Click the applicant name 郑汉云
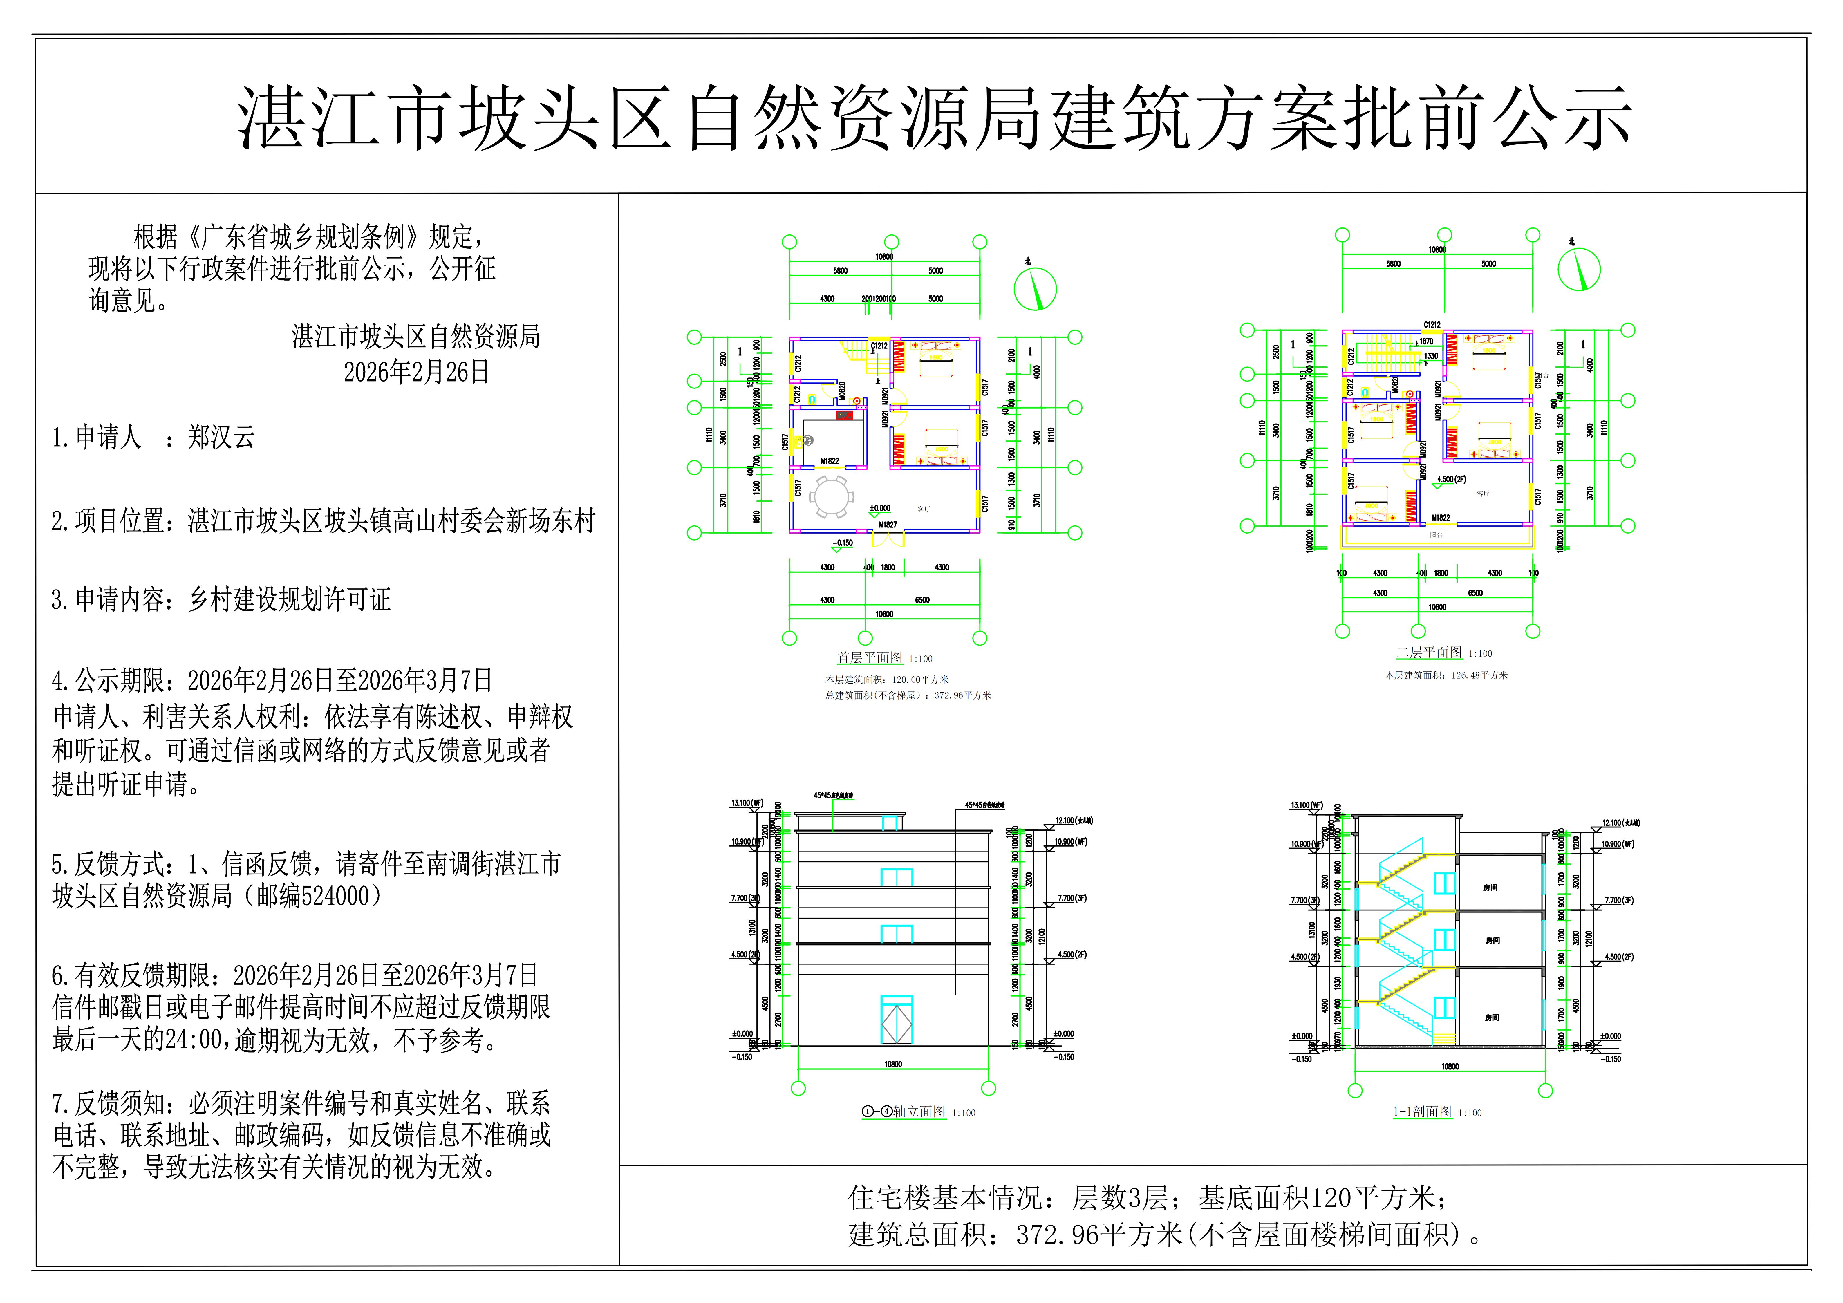tap(222, 438)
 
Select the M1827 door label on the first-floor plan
tap(887, 525)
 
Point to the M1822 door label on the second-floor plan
tap(1441, 518)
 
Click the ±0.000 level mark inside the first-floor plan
tap(880, 508)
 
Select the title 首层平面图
tap(869, 657)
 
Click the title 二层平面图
tap(1429, 653)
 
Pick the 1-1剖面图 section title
tap(1422, 1112)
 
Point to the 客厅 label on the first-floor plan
tap(923, 509)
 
